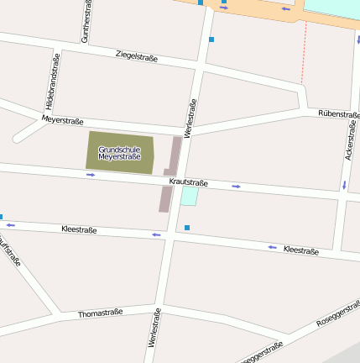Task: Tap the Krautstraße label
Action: point(188,181)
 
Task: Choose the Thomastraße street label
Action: point(100,313)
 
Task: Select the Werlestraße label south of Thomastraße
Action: point(154,328)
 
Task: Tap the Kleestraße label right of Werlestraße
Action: point(300,250)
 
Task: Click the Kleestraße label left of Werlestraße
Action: point(79,229)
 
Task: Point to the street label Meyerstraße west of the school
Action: point(62,121)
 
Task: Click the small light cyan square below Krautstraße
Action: point(190,196)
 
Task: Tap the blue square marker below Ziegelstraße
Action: point(211,39)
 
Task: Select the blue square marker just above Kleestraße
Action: point(187,228)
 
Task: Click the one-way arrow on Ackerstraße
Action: point(344,184)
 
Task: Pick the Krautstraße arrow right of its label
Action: point(237,186)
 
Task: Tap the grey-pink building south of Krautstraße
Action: point(164,199)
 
